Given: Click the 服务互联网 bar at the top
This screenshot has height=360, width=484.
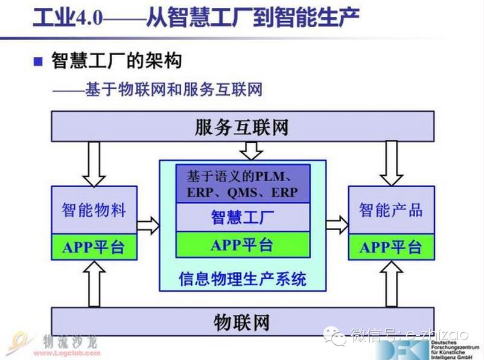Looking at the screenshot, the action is (x=242, y=126).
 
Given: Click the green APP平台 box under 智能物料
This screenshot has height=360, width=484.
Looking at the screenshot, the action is (x=94, y=247).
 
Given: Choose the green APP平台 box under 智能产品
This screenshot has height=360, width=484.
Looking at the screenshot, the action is (x=390, y=247).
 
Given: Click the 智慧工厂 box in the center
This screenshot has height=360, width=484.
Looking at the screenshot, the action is (x=242, y=217).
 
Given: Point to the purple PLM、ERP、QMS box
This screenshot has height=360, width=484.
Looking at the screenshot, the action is (x=242, y=184).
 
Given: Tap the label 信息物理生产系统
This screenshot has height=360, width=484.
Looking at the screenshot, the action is (x=242, y=278).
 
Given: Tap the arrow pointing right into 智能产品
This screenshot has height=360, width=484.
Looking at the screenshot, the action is (x=337, y=225).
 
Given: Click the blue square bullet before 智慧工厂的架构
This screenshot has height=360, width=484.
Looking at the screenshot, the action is (x=39, y=62).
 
